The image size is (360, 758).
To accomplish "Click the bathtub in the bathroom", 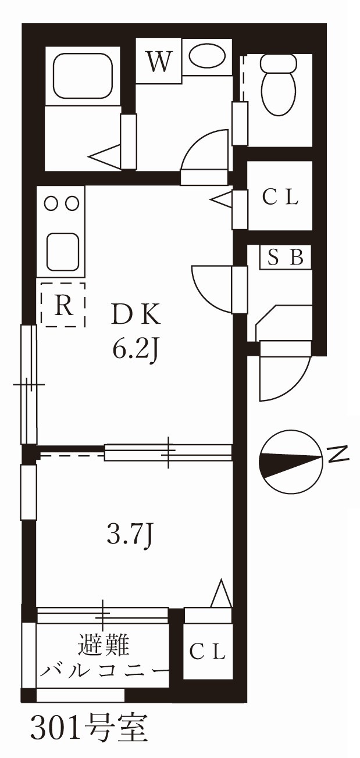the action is [x=83, y=76].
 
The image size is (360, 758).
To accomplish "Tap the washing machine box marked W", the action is [x=159, y=61].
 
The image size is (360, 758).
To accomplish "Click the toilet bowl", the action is [x=279, y=86].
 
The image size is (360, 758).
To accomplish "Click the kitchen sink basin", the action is [x=63, y=252].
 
